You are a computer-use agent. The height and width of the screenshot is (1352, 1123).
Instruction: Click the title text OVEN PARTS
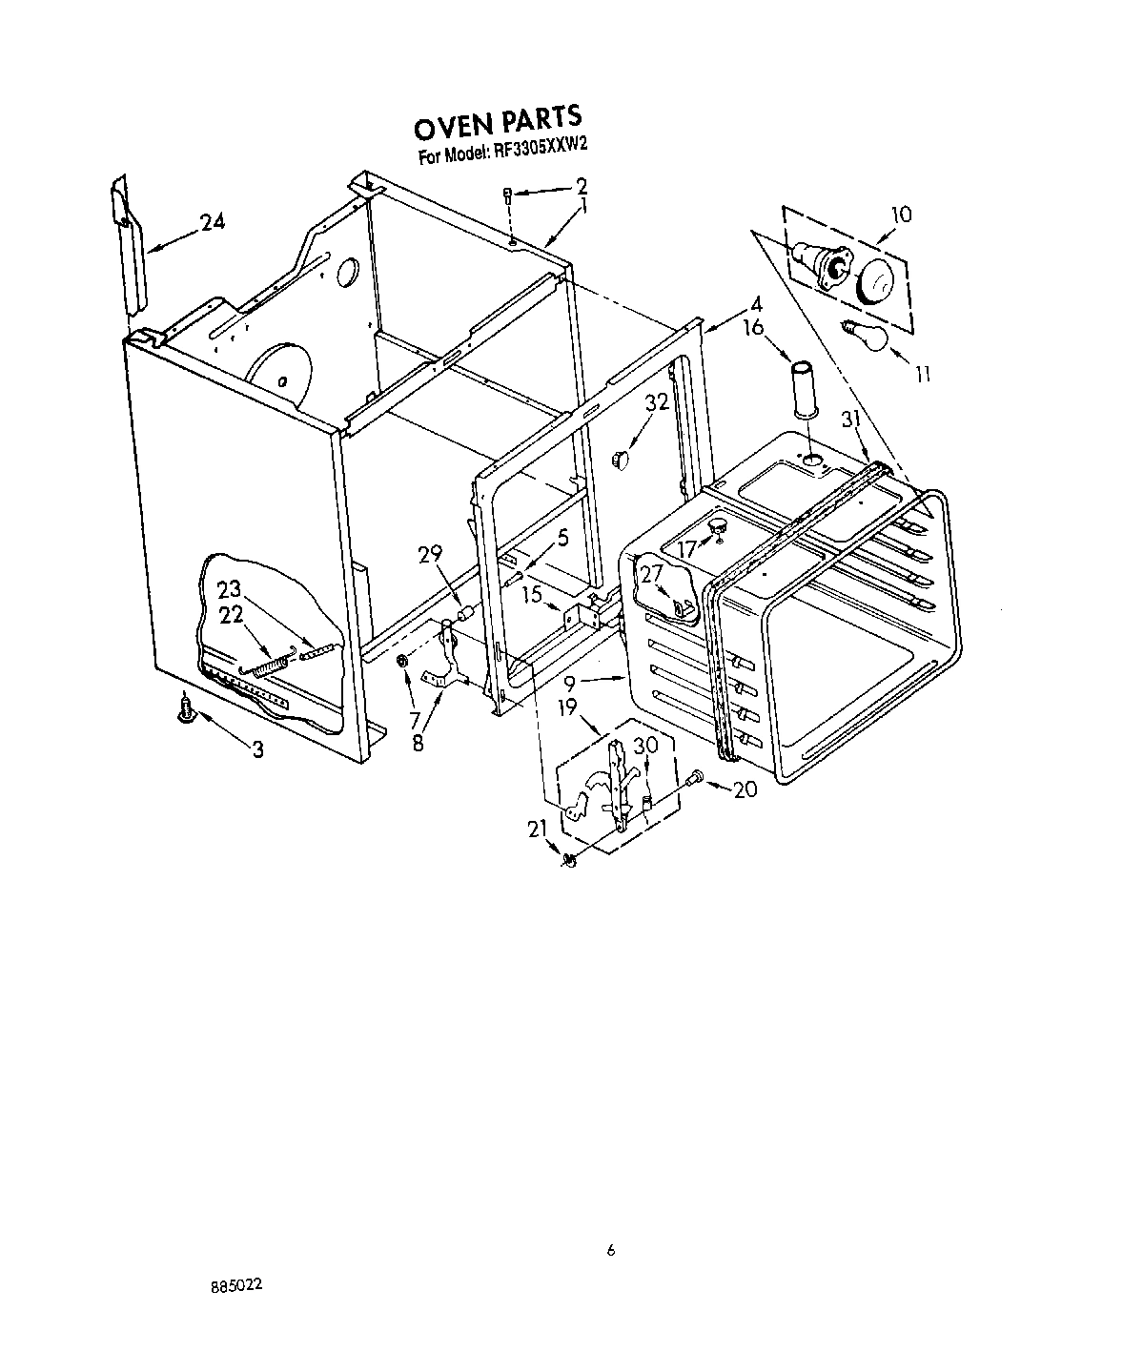[497, 122]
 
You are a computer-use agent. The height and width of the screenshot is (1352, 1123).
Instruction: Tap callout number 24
[213, 223]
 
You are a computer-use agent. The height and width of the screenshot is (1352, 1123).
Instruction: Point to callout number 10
[900, 215]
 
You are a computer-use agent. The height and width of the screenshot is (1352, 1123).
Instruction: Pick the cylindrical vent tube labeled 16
[801, 389]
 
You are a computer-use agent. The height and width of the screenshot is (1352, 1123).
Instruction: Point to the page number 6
[611, 1251]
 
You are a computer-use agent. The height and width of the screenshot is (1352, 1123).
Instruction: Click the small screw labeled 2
[509, 195]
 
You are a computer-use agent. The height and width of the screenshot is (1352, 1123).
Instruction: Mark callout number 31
[850, 419]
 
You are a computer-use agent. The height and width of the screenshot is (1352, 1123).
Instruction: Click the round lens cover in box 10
[874, 282]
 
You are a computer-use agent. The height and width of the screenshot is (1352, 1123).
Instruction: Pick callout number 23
[229, 589]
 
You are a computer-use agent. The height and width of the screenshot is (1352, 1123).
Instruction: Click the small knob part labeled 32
[621, 460]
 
